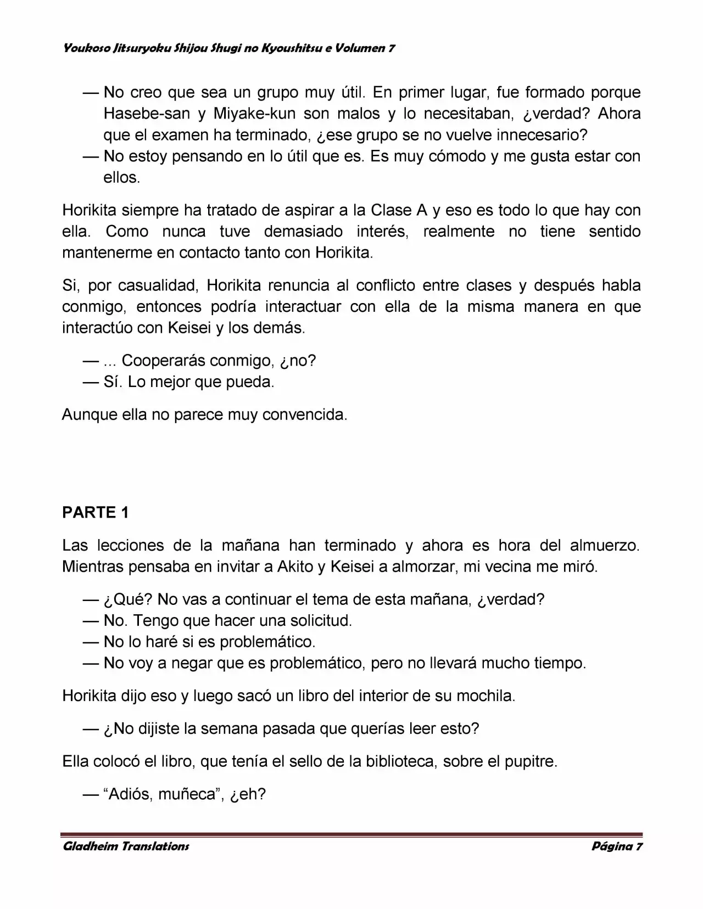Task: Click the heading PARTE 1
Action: [x=96, y=512]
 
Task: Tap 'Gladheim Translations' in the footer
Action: [x=126, y=846]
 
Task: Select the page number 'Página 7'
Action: [x=616, y=846]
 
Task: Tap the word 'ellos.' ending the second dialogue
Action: [x=121, y=178]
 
